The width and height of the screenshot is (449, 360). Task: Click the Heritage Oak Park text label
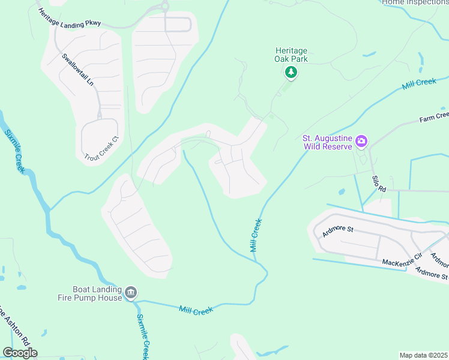[x=291, y=55]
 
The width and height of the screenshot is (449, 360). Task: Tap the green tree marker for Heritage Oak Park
[x=291, y=73]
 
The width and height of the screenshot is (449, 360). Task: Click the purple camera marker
[x=361, y=142]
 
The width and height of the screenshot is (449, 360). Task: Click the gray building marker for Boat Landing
[x=130, y=293]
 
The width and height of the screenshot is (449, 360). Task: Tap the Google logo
[x=20, y=352]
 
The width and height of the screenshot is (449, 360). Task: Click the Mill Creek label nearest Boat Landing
[x=196, y=310]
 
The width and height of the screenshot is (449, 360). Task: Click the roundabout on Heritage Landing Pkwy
[x=163, y=7]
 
